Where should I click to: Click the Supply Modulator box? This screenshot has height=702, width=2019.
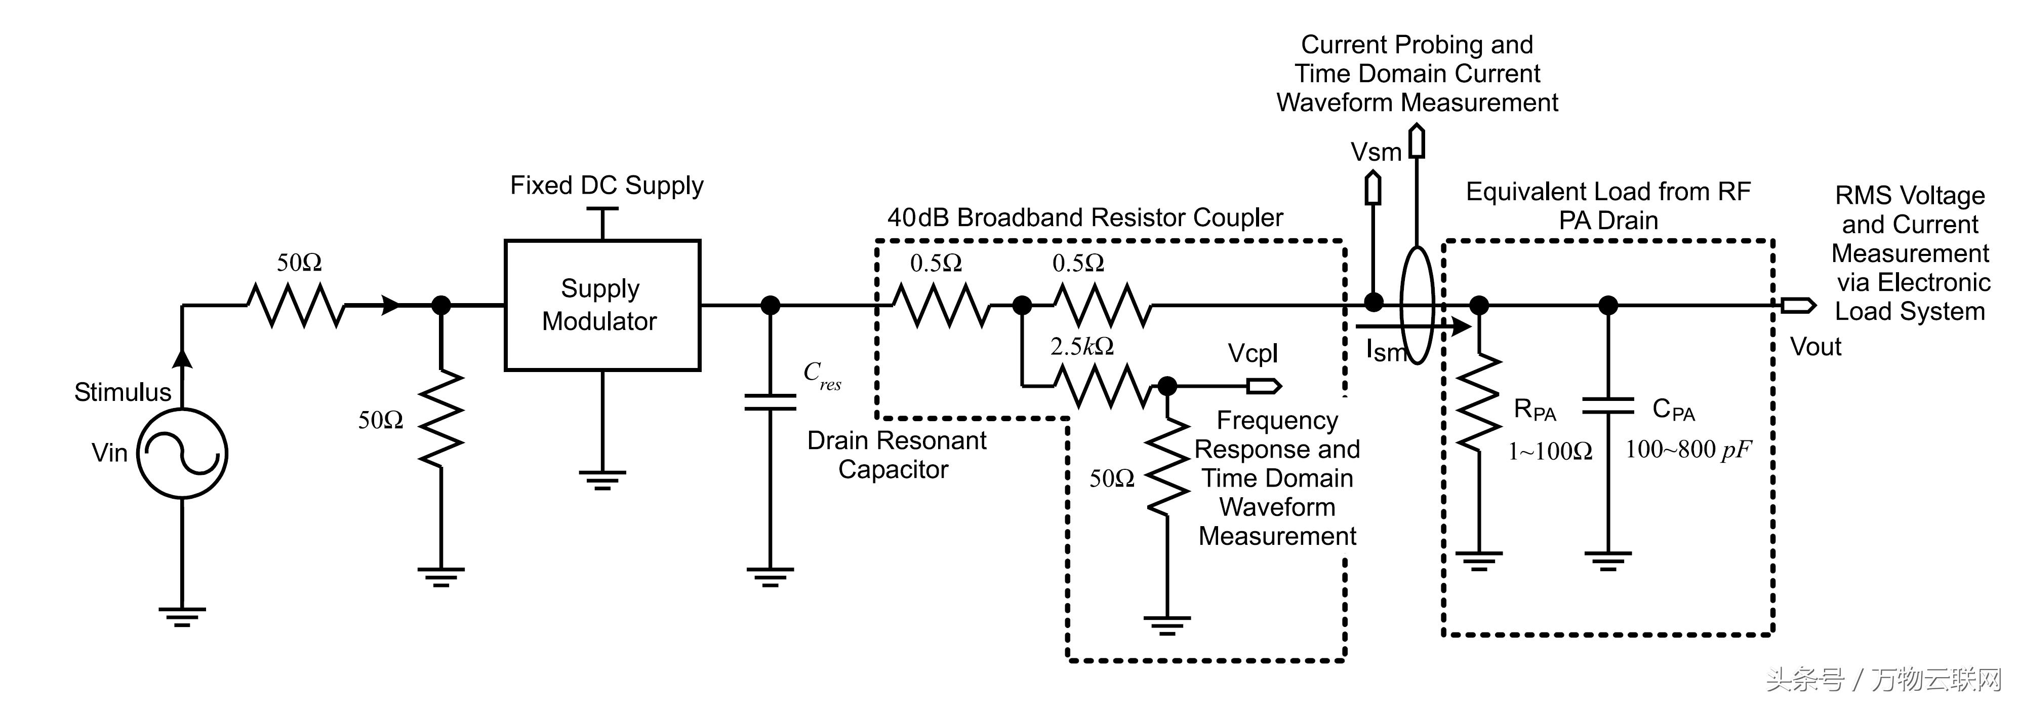(x=602, y=305)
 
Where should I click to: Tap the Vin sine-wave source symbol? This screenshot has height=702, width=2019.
(x=182, y=453)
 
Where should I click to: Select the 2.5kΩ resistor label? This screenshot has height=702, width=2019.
(x=1081, y=346)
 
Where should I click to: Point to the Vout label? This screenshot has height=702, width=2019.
(x=1815, y=347)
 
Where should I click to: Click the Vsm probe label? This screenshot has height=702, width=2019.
(x=1376, y=152)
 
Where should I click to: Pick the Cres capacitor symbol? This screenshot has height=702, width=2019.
(x=771, y=402)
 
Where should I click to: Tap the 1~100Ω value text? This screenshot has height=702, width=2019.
(x=1550, y=451)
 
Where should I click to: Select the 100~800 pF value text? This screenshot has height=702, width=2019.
(x=1687, y=450)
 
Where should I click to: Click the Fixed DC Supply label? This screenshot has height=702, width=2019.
(x=607, y=185)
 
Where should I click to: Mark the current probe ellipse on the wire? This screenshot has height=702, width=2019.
(x=1417, y=305)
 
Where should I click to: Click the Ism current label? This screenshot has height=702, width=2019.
(x=1385, y=351)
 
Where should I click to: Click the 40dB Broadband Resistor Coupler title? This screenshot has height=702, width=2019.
(x=1085, y=217)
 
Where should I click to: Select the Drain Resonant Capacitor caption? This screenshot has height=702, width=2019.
(x=896, y=455)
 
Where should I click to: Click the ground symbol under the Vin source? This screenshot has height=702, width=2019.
(x=182, y=616)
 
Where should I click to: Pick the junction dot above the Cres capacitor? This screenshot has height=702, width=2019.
(x=771, y=305)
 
